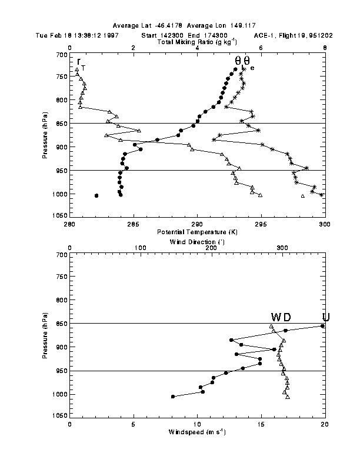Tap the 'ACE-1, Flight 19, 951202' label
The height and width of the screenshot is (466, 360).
pyautogui.click(x=294, y=35)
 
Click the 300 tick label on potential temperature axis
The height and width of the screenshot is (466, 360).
pyautogui.click(x=325, y=224)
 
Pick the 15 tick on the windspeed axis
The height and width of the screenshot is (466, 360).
pyautogui.click(x=261, y=424)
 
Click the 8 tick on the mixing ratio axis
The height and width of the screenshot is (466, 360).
pyautogui.click(x=325, y=48)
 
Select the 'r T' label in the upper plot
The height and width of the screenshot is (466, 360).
pyautogui.click(x=81, y=63)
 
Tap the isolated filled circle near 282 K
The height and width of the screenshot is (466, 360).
pyautogui.click(x=96, y=195)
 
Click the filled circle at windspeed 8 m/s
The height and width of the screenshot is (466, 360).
pyautogui.click(x=173, y=397)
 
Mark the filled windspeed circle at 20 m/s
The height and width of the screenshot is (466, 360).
pyautogui.click(x=322, y=326)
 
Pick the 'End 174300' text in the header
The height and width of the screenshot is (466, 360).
pyautogui.click(x=206, y=35)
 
